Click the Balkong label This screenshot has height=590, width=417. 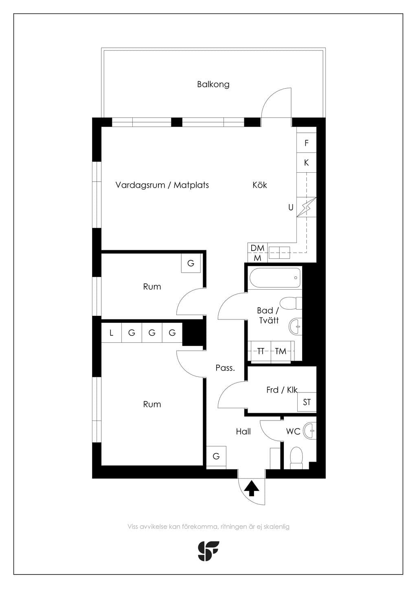pyautogui.click(x=213, y=84)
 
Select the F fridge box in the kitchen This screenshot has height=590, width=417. pyautogui.click(x=306, y=143)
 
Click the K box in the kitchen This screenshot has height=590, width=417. pyautogui.click(x=306, y=163)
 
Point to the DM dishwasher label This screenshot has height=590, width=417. pyautogui.click(x=257, y=248)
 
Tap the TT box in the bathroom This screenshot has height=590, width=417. pyautogui.click(x=261, y=351)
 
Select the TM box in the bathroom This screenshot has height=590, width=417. pyautogui.click(x=281, y=351)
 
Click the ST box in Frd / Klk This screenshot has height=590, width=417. pyautogui.click(x=307, y=402)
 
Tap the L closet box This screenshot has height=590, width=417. pyautogui.click(x=111, y=332)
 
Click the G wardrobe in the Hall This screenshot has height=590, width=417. pyautogui.click(x=216, y=456)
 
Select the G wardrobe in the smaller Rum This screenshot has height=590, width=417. pyautogui.click(x=191, y=263)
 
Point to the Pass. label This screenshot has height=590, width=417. pyautogui.click(x=225, y=368)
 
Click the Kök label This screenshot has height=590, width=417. pyautogui.click(x=259, y=185)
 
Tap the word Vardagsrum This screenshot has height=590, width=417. pyautogui.click(x=140, y=185)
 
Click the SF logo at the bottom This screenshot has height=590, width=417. pyautogui.click(x=208, y=551)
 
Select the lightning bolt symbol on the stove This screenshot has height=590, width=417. pyautogui.click(x=306, y=207)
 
